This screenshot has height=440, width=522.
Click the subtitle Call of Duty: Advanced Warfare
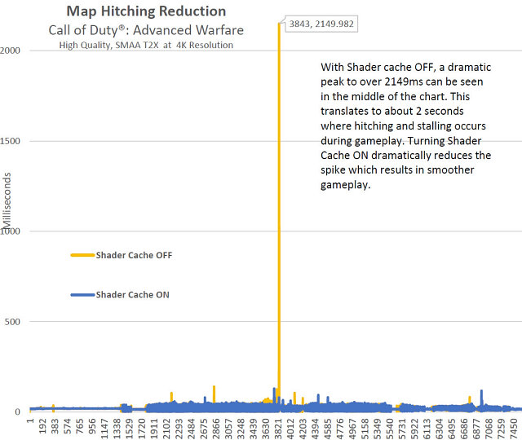[x=145, y=29]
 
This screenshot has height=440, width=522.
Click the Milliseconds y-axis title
[x=7, y=203]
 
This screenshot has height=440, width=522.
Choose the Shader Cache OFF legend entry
[x=134, y=255]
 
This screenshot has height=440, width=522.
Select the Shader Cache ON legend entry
[x=133, y=294]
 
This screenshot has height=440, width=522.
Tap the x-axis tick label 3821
[x=279, y=428]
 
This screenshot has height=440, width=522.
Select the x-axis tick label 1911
[x=154, y=428]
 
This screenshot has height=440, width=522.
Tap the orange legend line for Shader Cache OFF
[x=82, y=255]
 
